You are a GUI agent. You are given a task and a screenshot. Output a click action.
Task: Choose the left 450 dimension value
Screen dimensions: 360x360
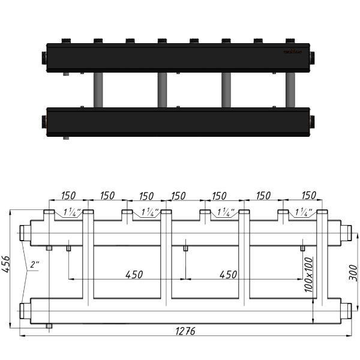134,274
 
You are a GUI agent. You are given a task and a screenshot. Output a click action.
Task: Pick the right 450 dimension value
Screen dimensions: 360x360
228,274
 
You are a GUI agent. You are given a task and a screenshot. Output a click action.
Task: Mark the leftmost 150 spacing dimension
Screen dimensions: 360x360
68,196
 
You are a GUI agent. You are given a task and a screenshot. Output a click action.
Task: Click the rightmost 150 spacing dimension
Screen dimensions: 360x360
308,196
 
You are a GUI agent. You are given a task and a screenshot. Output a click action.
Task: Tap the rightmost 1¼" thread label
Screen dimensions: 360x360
304,212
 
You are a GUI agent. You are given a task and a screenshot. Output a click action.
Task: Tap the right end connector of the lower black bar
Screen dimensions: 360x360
314,119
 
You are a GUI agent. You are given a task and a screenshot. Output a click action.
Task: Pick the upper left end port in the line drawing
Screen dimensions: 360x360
26,232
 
